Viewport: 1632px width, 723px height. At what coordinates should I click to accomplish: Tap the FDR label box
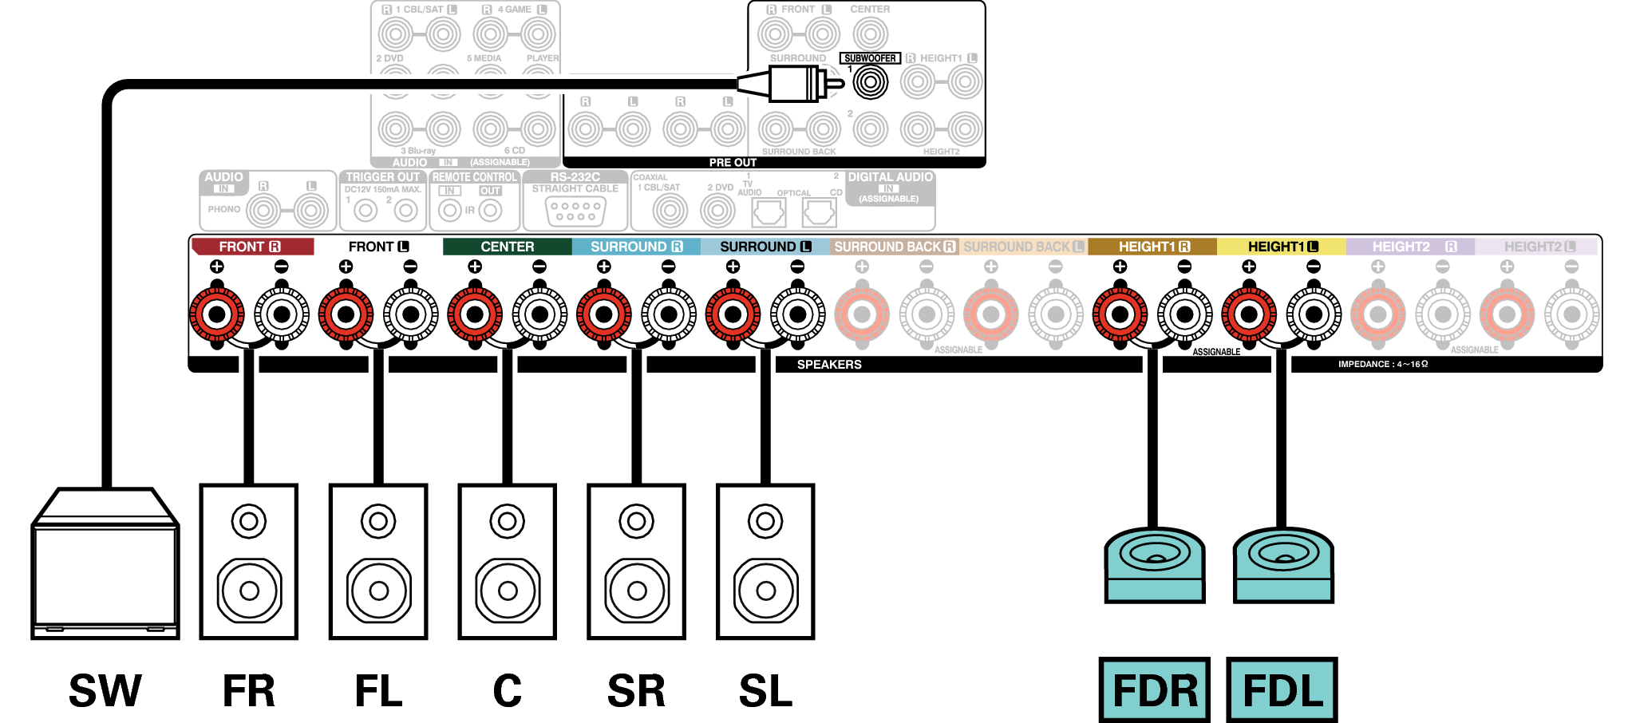click(x=1154, y=690)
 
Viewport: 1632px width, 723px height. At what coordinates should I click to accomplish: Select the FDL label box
click(x=1282, y=690)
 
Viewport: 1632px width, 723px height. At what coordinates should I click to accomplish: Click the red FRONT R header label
click(x=251, y=247)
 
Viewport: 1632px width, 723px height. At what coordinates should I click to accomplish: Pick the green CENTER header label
click(x=507, y=247)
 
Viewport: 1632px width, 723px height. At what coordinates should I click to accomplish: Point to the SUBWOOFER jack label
click(x=870, y=58)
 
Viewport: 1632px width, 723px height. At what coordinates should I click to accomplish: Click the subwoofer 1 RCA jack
click(x=871, y=82)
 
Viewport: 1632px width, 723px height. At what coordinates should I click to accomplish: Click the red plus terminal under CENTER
click(x=475, y=314)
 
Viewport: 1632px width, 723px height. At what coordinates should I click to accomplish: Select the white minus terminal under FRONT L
click(x=410, y=314)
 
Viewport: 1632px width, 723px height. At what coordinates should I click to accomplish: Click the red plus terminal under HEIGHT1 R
click(x=1120, y=314)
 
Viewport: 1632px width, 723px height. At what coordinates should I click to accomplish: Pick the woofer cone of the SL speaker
click(x=765, y=591)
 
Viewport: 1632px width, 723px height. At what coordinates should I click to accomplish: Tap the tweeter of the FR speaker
click(x=249, y=522)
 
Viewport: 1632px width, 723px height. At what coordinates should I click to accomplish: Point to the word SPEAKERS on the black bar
click(x=829, y=365)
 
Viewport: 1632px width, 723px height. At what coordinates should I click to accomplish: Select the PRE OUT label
click(x=733, y=162)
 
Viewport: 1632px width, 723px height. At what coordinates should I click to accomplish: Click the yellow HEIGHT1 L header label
click(x=1282, y=247)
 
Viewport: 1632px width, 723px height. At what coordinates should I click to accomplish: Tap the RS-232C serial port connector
click(x=575, y=211)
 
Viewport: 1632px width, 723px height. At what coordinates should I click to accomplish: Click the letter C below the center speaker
click(x=508, y=690)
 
